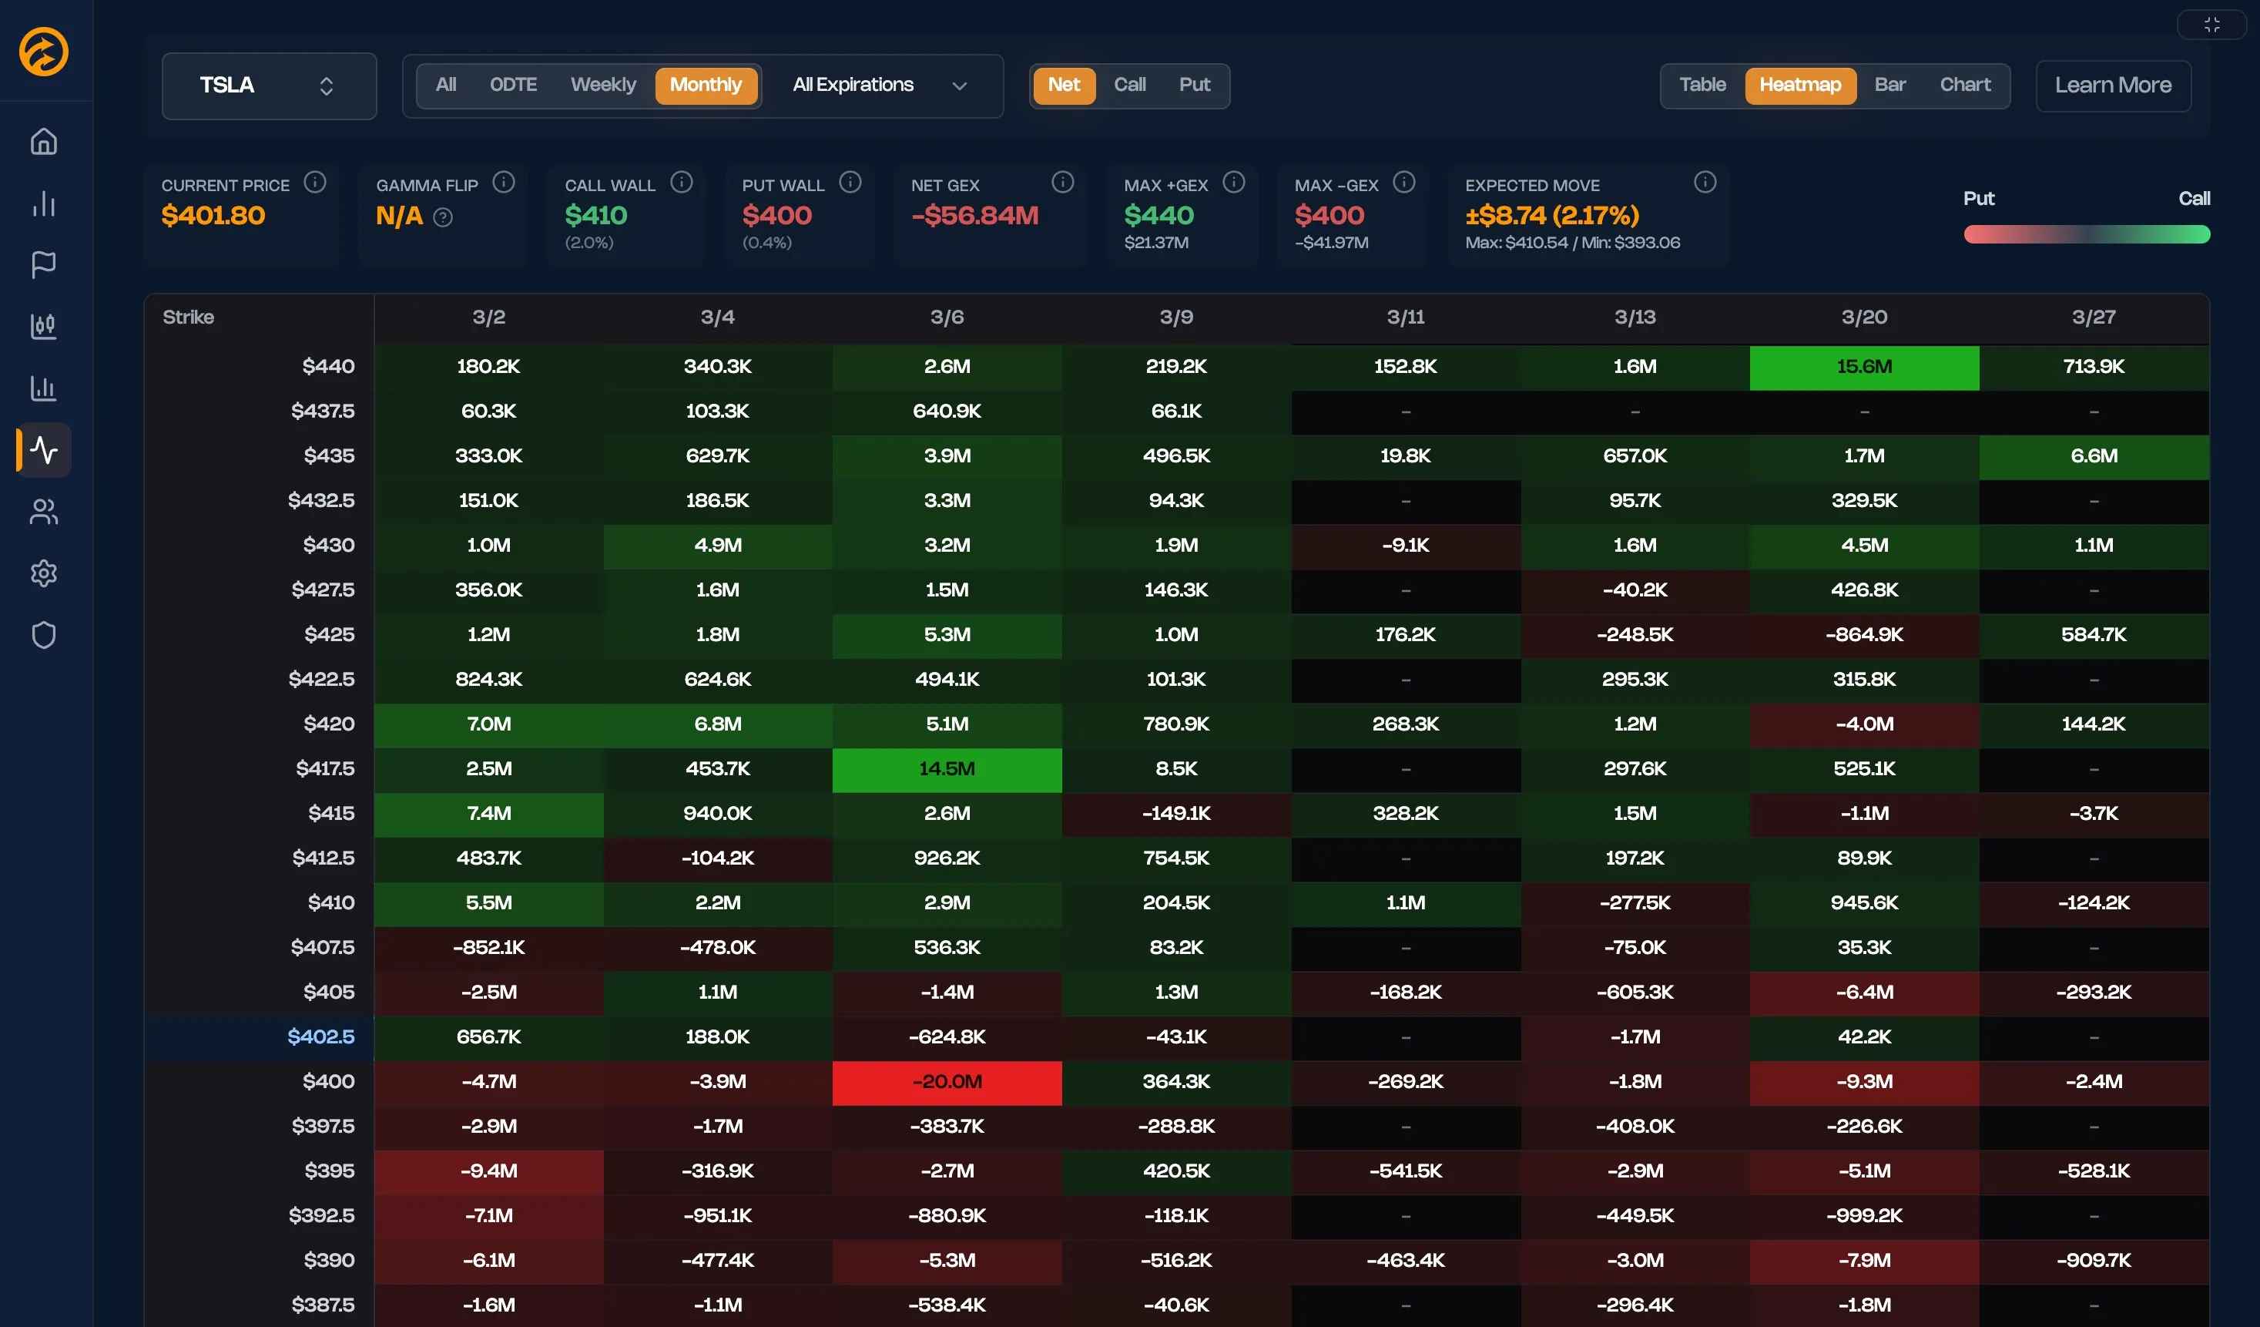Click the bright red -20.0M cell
[946, 1081]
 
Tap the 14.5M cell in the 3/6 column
[946, 769]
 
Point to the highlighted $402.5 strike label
[320, 1036]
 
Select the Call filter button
[1129, 84]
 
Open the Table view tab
[1702, 84]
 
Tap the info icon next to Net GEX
[1062, 182]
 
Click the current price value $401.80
[213, 215]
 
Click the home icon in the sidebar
[44, 142]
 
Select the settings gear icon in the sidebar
[44, 573]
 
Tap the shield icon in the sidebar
[44, 634]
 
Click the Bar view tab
[1889, 84]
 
